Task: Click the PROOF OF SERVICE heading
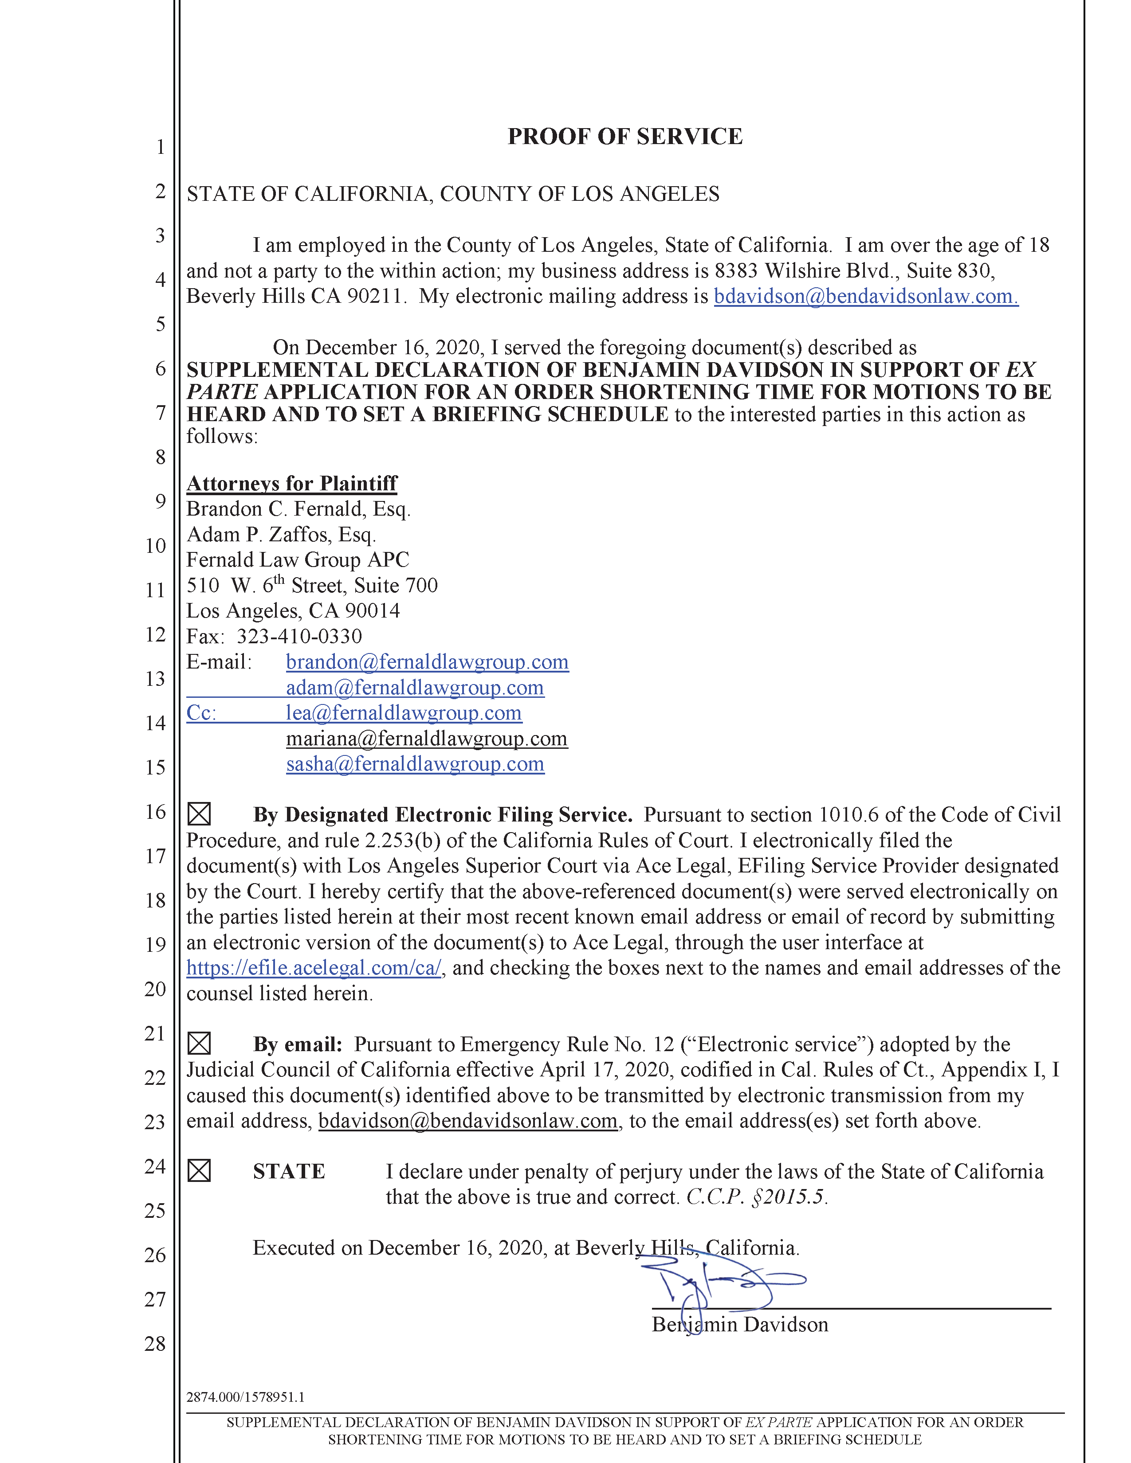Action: (624, 137)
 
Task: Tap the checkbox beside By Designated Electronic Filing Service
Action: (199, 814)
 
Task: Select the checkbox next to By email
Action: (199, 1044)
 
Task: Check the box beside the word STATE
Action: (199, 1171)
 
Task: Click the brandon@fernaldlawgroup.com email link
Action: (427, 662)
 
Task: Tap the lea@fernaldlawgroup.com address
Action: (403, 713)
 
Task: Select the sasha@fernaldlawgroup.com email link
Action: (415, 764)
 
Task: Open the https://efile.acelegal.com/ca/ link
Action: (314, 968)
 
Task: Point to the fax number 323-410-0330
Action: (299, 636)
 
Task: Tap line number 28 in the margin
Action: (155, 1343)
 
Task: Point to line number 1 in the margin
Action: (160, 147)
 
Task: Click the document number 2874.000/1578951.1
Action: (245, 1396)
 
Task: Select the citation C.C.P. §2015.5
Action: (757, 1197)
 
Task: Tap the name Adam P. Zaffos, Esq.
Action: (281, 535)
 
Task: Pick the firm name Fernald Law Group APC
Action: (298, 560)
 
